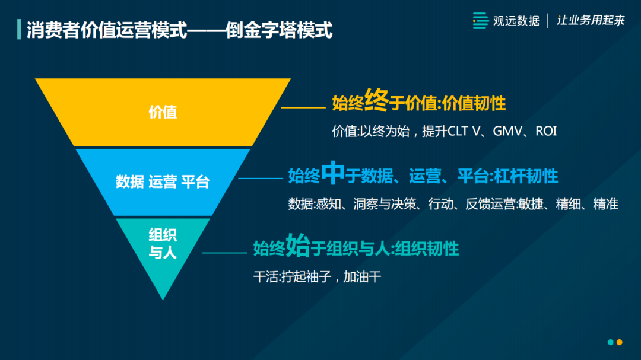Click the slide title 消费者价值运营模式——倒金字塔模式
click(179, 30)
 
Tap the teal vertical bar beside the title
click(19, 30)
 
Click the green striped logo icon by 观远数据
click(480, 20)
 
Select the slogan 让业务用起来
click(591, 20)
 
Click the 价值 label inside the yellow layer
click(163, 112)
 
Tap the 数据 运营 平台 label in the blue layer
click(163, 182)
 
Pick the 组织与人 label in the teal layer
click(163, 244)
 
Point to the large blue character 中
click(333, 173)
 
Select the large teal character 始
click(297, 245)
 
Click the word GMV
click(507, 131)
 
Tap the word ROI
click(546, 131)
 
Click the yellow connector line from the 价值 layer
click(303, 108)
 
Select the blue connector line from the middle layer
click(261, 178)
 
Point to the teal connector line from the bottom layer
click(224, 253)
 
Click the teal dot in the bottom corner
click(610, 342)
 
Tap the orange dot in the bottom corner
click(619, 342)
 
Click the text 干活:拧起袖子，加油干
click(317, 276)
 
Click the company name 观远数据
click(516, 21)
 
